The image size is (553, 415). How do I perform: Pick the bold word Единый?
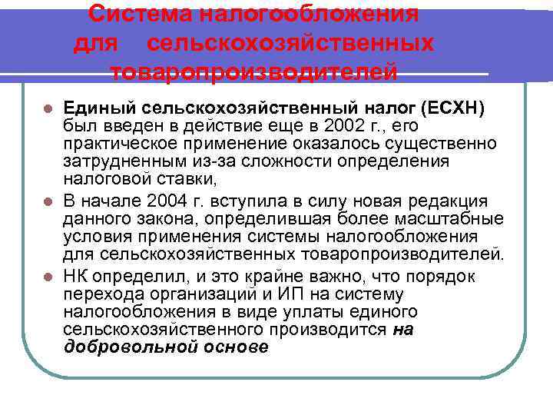point(98,108)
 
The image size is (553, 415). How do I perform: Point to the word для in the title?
point(95,43)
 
